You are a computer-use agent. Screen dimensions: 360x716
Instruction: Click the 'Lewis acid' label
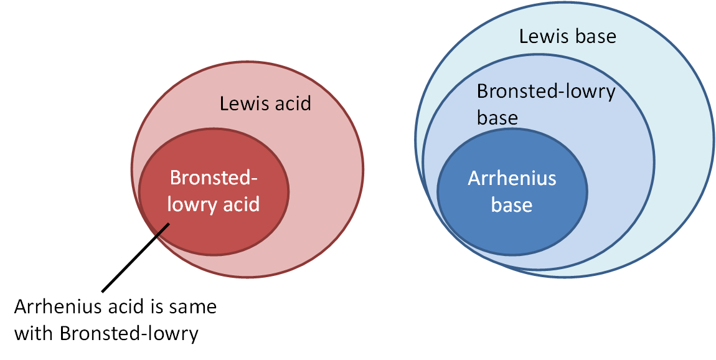tap(265, 103)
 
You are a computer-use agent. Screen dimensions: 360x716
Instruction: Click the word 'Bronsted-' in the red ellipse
tap(214, 178)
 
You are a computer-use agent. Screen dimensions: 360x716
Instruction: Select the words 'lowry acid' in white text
tap(214, 204)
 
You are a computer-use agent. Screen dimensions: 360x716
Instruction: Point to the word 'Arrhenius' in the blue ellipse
tap(512, 179)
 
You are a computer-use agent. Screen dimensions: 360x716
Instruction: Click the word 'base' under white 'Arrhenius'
tap(512, 204)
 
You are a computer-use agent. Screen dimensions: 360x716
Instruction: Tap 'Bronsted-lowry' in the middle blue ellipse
tap(546, 92)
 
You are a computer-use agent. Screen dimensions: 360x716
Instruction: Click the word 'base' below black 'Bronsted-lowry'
tap(497, 117)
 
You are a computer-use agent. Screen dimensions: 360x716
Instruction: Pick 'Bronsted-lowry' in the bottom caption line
tap(129, 333)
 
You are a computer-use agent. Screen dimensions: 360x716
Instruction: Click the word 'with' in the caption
tap(34, 333)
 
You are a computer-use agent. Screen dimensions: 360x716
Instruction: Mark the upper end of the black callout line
tap(167, 224)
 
